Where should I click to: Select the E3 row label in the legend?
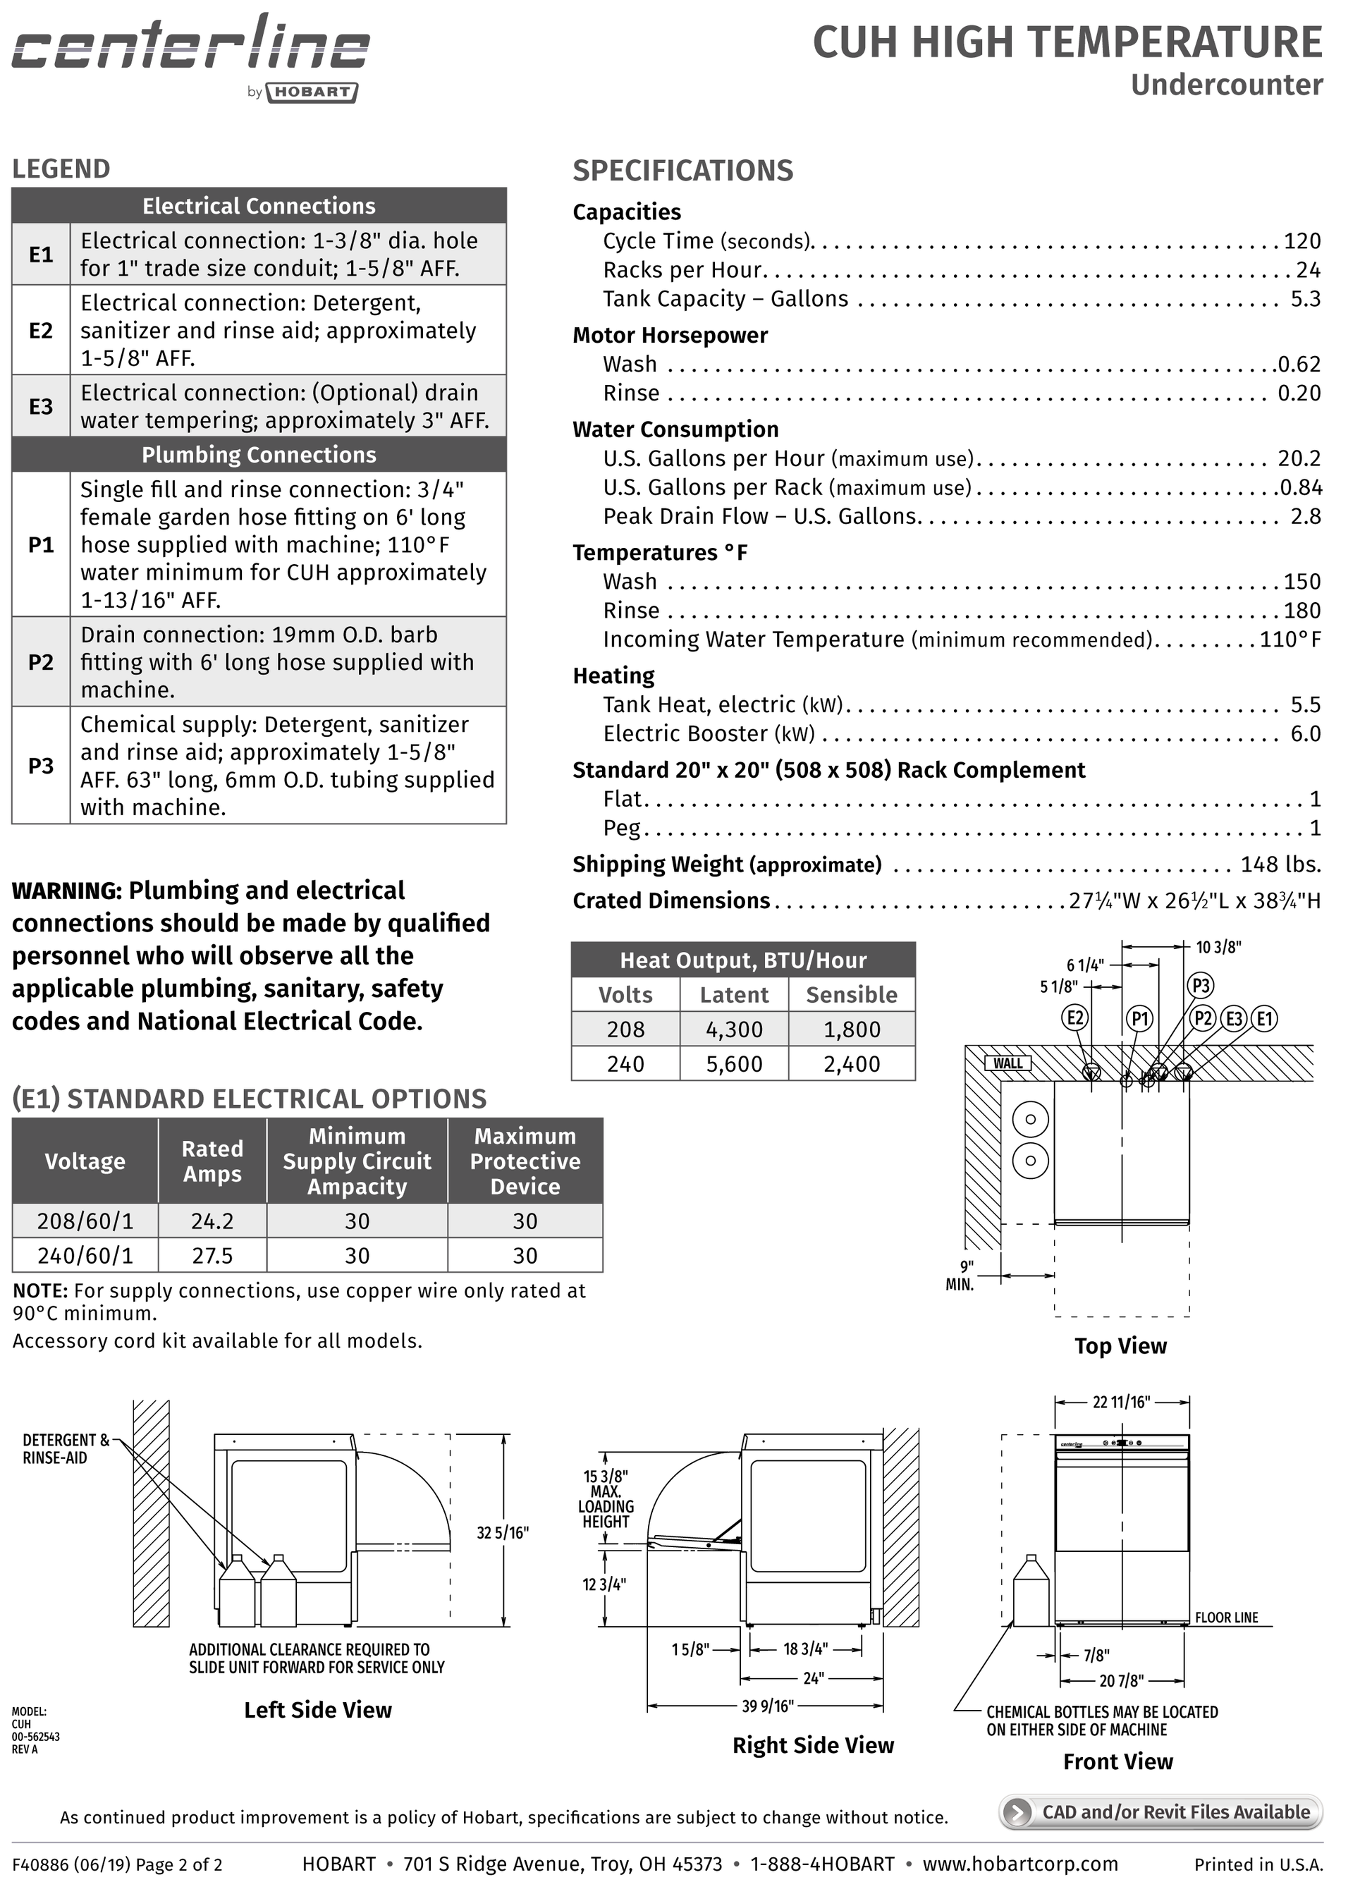pos(41,406)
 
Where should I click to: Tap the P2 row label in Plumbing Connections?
pos(41,662)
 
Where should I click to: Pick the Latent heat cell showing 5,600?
pos(733,1064)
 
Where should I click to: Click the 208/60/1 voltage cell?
pos(85,1221)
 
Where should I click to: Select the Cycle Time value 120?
pos(1301,241)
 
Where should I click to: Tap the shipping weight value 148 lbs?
pos(1280,864)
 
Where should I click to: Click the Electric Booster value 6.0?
pos(1305,733)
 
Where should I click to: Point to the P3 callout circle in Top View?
pos(1201,986)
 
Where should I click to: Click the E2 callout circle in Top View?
pos(1075,1018)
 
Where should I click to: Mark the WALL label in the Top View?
pos(1008,1063)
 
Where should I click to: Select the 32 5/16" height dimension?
pos(503,1532)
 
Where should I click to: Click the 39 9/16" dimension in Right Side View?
pos(767,1706)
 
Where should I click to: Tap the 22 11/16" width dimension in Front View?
pos(1121,1402)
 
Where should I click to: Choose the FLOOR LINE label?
pos(1226,1617)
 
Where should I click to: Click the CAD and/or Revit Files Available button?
pos(1160,1811)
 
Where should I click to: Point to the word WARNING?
pos(66,891)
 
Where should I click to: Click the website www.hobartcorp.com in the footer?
pos(1020,1864)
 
